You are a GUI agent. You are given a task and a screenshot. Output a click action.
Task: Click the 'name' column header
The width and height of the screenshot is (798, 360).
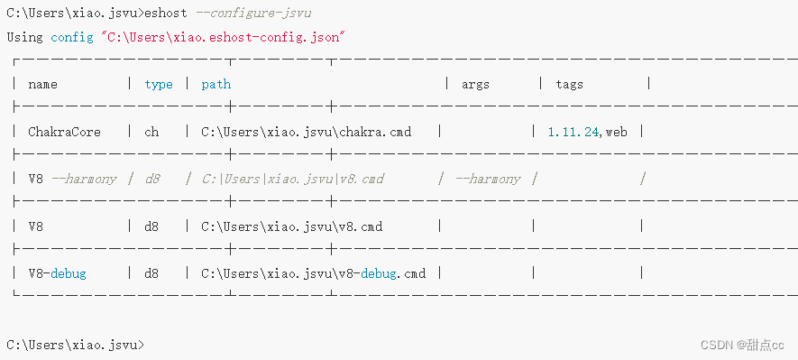(x=42, y=84)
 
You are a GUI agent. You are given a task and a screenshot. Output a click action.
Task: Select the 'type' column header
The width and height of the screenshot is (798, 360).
(x=159, y=84)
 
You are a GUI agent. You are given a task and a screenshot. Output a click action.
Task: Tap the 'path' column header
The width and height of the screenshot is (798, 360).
(x=216, y=84)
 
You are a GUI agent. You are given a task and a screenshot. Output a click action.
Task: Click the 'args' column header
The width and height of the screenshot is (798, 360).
(x=475, y=84)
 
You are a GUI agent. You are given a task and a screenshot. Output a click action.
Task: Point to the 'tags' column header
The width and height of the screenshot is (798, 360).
(x=569, y=84)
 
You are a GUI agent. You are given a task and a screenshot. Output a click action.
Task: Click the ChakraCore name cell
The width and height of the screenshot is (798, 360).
(x=64, y=132)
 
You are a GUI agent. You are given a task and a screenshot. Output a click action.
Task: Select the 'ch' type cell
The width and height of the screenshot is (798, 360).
(x=151, y=132)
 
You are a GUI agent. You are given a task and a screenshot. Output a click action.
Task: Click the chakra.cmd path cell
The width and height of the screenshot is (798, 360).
(x=306, y=132)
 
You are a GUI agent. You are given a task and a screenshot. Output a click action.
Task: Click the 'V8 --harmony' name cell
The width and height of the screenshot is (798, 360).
(x=72, y=179)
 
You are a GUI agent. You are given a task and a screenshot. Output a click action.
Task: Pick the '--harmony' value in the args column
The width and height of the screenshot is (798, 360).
(x=488, y=179)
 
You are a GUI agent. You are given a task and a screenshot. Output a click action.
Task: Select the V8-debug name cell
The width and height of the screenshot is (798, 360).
(x=57, y=272)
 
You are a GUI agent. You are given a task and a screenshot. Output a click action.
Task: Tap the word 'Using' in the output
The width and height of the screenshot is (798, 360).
(x=24, y=37)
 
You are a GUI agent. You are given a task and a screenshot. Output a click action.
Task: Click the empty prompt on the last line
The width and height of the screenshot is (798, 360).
(x=75, y=345)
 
